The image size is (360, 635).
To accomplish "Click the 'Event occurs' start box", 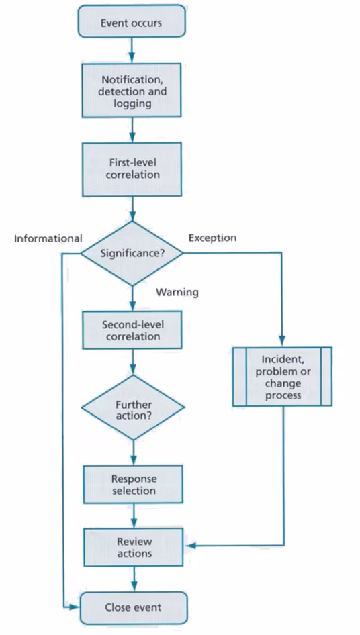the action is coord(132,22).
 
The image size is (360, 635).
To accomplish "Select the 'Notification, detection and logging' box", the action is coord(132,91).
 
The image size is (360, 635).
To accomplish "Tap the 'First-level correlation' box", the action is coord(132,169).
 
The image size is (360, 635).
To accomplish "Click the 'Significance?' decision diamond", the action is coord(132,254).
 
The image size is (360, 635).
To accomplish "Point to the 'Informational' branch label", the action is coord(48,238).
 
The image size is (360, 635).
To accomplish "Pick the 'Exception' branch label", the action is coord(212,238).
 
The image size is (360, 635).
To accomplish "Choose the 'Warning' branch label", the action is coord(177,292).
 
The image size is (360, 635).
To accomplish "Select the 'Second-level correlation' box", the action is coord(132,330).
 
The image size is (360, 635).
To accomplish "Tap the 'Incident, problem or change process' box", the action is coord(282,377).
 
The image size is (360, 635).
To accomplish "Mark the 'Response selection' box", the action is coord(134,485).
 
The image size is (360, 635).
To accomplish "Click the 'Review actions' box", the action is coord(134,547).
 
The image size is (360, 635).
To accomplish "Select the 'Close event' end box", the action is coord(134,607).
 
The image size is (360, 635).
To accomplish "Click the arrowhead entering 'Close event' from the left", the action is coord(75,607).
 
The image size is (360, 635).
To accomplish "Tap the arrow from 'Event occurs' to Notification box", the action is coord(132,50).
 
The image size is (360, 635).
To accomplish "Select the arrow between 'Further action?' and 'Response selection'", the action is coord(134,452).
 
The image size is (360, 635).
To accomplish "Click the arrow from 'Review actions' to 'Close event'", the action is coord(134,579).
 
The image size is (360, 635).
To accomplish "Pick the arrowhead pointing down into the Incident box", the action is coord(282,342).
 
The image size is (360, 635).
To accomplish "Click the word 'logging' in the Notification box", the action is coord(132,103).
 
